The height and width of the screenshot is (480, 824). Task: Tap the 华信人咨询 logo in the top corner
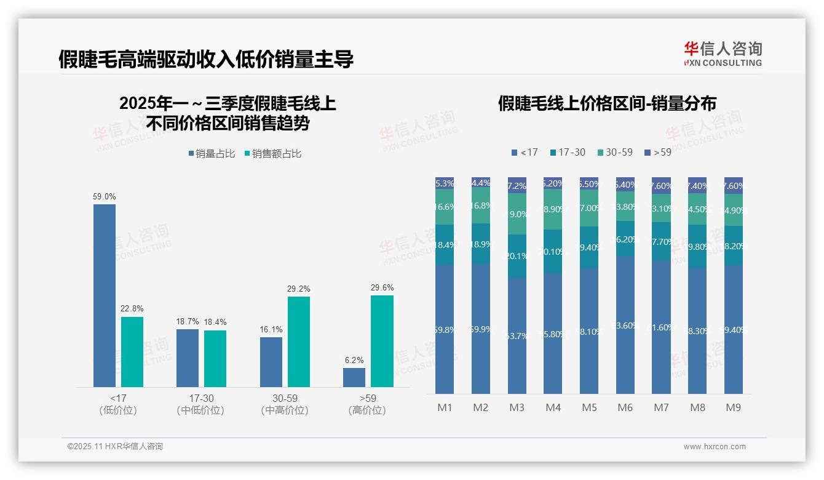tap(723, 54)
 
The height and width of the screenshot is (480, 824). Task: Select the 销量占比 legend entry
tap(212, 154)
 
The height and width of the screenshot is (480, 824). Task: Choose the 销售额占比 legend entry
tap(273, 154)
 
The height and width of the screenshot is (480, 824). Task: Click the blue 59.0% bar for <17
tap(105, 295)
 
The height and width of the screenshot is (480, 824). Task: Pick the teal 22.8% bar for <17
tap(132, 351)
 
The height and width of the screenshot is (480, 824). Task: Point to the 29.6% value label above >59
tap(382, 287)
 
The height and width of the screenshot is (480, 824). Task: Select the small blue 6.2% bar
tap(354, 377)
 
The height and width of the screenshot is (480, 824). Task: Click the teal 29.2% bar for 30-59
tap(299, 342)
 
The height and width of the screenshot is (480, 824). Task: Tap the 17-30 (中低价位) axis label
tap(200, 404)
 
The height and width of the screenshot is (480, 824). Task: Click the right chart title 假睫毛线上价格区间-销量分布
tap(607, 103)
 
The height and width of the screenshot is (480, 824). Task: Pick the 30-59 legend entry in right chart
tap(614, 152)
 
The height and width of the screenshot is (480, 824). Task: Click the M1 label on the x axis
tap(445, 407)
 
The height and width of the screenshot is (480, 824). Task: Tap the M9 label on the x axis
tap(733, 407)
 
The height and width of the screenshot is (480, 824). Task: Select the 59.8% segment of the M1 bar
tap(445, 329)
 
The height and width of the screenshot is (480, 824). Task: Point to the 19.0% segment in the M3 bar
tap(517, 214)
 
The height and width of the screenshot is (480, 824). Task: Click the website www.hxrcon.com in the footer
tap(714, 447)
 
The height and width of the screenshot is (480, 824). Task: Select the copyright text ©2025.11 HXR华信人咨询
tap(115, 447)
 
